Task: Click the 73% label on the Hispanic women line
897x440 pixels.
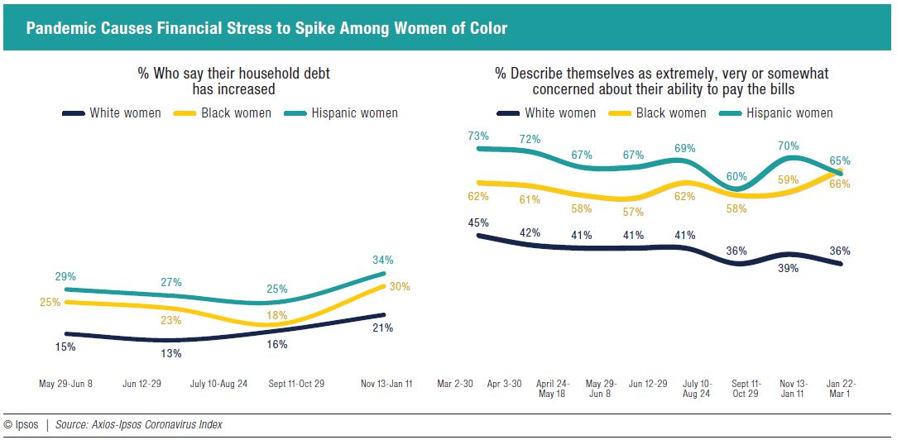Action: point(478,136)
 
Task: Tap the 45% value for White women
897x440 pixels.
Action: point(478,222)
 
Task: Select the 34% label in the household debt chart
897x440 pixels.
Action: point(382,259)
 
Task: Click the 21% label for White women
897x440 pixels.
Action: point(382,328)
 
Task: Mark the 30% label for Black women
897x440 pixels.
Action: point(400,286)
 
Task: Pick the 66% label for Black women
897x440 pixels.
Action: point(840,184)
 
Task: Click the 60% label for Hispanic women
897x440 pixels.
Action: point(736,176)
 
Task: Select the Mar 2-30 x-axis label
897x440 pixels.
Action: point(456,384)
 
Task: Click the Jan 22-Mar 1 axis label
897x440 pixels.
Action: point(840,388)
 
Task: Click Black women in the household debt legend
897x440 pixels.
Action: point(236,112)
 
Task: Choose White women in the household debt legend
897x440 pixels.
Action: point(125,112)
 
